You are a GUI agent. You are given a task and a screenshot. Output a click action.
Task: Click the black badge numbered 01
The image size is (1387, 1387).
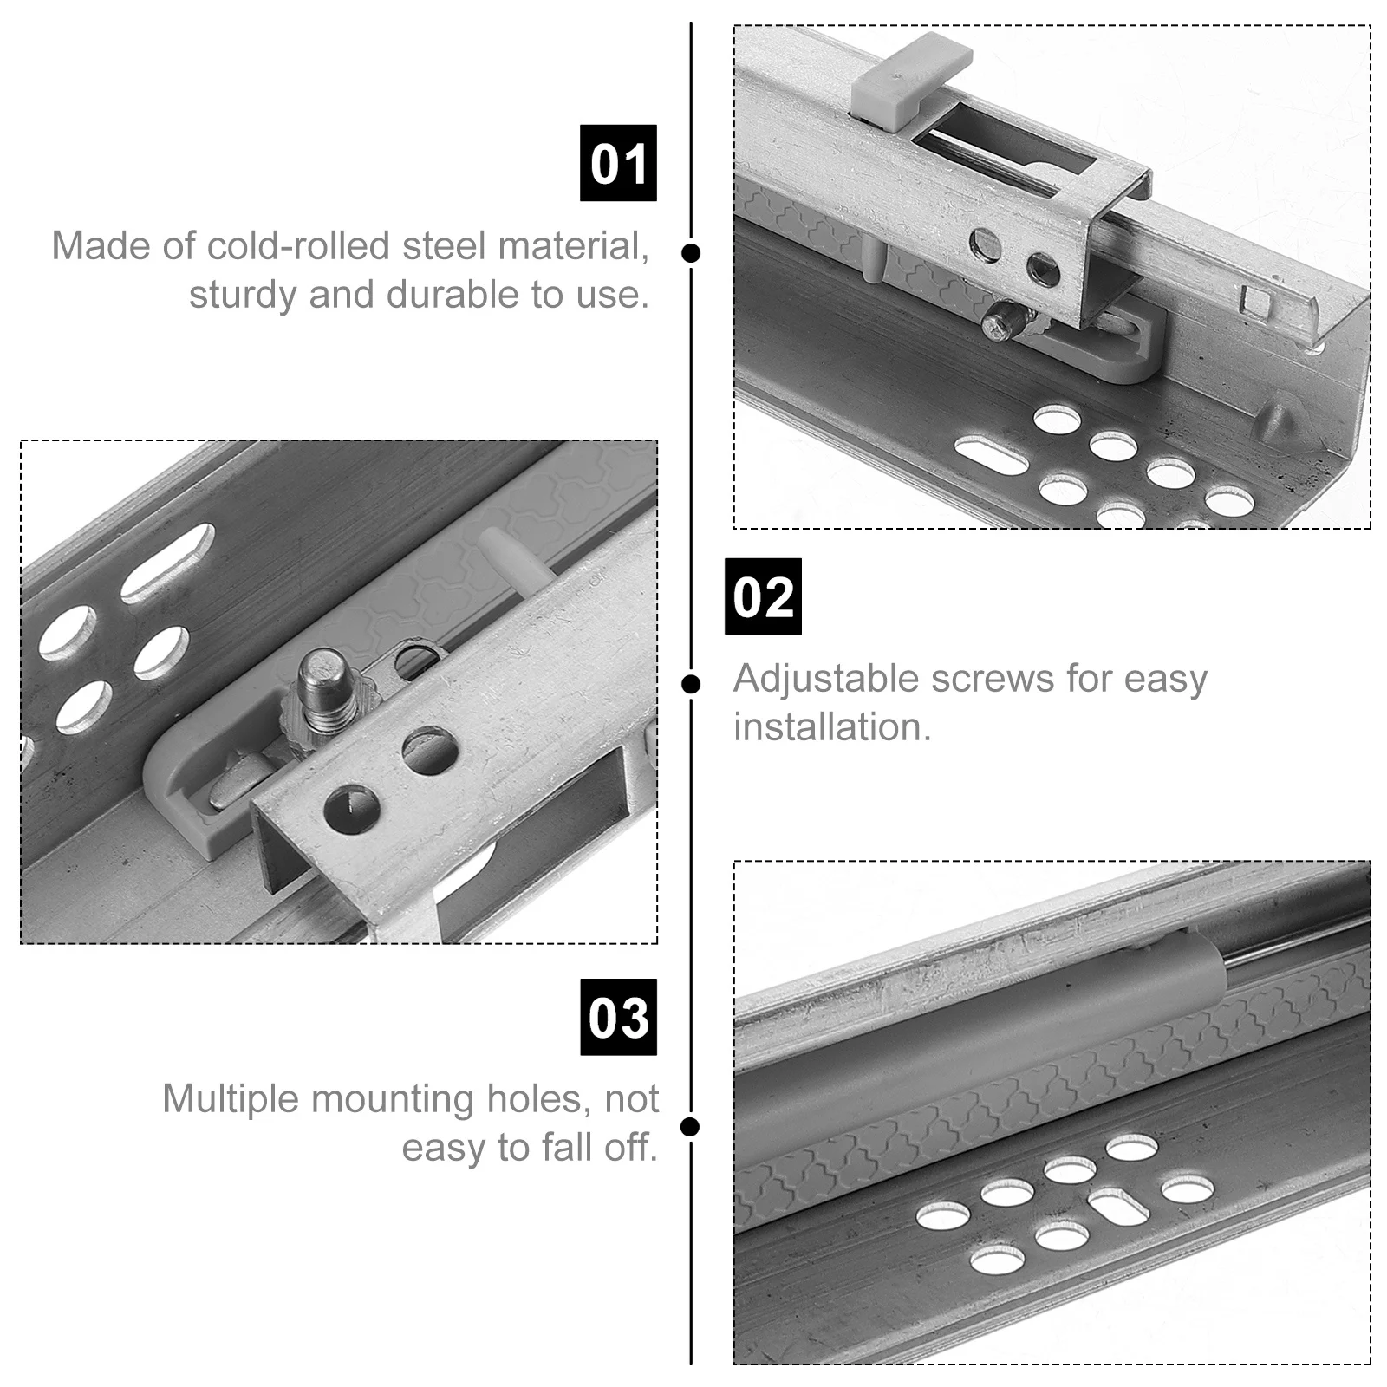pyautogui.click(x=618, y=163)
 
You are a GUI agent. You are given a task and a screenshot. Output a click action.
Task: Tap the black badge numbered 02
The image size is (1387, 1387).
pyautogui.click(x=763, y=596)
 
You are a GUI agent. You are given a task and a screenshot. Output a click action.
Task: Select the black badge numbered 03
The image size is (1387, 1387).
pyautogui.click(x=618, y=1017)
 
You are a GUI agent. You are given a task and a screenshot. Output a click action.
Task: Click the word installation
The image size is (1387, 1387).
pyautogui.click(x=832, y=727)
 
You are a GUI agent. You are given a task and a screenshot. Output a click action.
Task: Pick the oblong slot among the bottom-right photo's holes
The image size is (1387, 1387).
pyautogui.click(x=1118, y=1207)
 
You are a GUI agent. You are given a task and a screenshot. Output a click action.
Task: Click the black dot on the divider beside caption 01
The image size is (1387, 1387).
pyautogui.click(x=691, y=253)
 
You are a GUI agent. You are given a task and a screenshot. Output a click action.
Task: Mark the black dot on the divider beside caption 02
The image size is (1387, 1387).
pyautogui.click(x=691, y=685)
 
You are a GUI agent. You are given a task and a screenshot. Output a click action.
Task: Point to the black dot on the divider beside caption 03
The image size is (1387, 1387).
pyautogui.click(x=691, y=1127)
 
